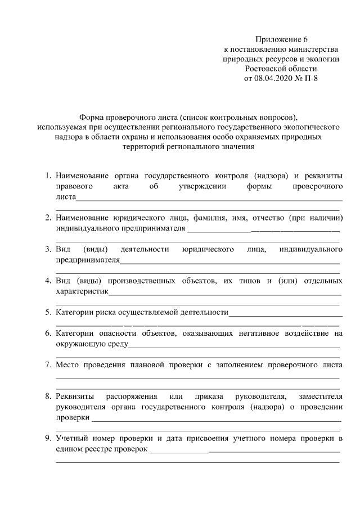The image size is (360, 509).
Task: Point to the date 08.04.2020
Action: [274, 78]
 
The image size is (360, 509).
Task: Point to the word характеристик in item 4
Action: [82, 291]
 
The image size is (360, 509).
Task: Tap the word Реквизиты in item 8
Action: [75, 397]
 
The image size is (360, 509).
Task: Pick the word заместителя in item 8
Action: [320, 397]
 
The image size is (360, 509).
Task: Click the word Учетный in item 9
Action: [70, 438]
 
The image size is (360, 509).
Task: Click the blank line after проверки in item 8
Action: [217, 419]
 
